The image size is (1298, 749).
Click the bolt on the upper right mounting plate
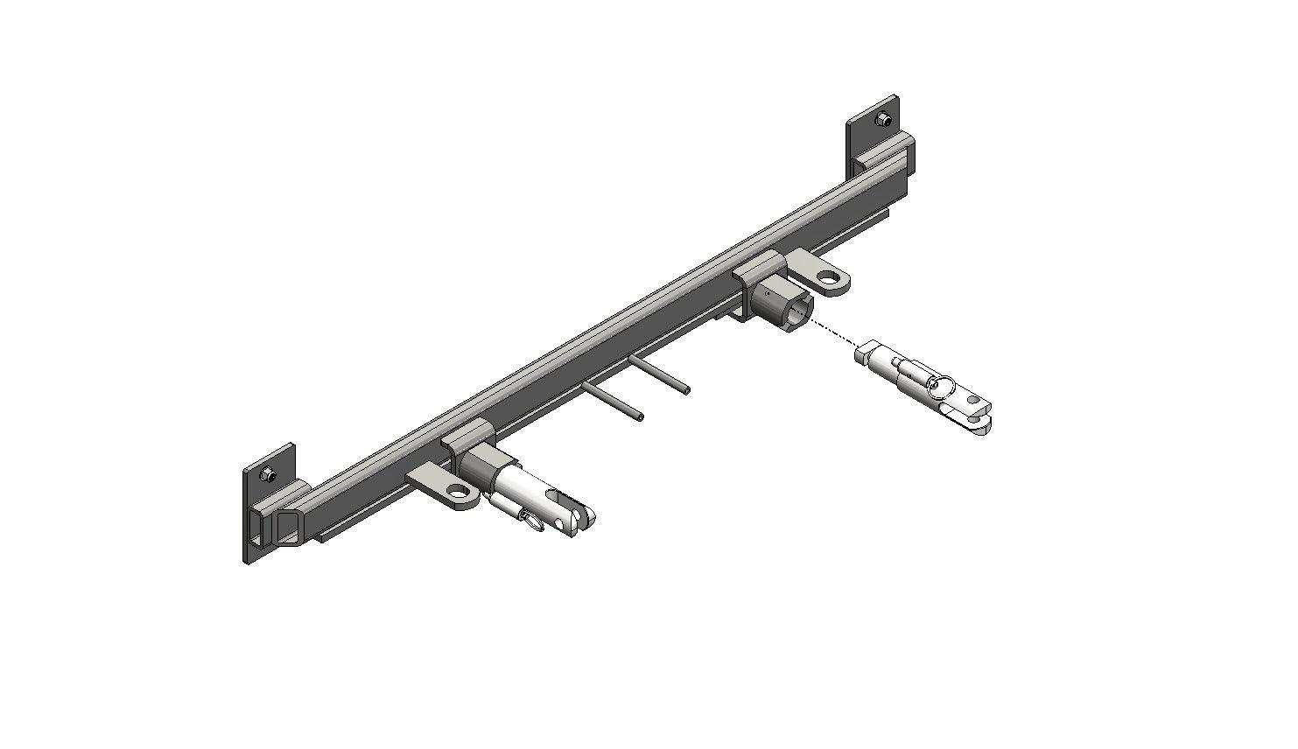tap(887, 119)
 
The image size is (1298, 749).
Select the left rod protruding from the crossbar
tap(614, 402)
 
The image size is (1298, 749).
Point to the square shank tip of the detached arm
tap(863, 353)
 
